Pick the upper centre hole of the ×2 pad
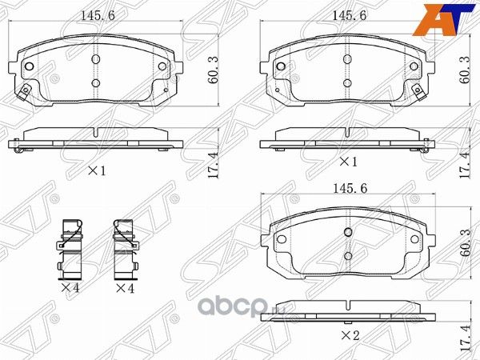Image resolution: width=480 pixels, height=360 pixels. tap(348, 232)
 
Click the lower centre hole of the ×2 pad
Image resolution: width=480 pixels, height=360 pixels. tap(348, 255)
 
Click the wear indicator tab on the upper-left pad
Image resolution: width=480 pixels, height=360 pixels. tap(25, 92)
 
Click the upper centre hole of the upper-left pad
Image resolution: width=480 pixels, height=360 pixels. tap(95, 59)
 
